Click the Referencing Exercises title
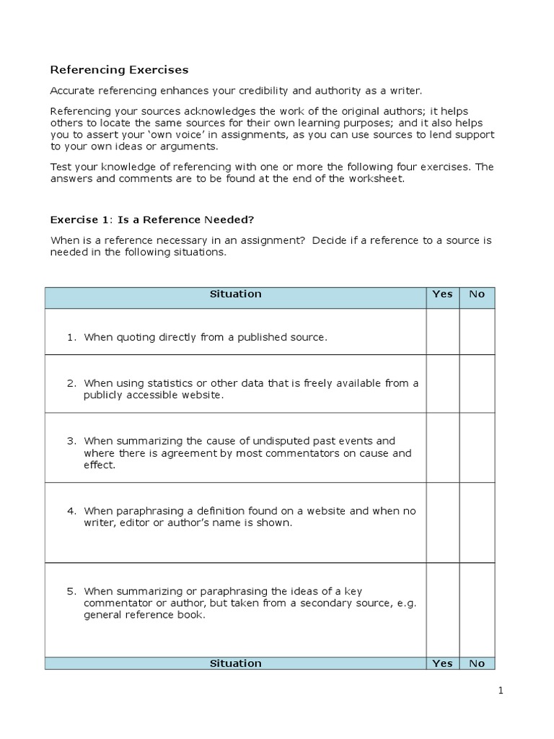coord(119,70)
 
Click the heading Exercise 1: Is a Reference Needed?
coord(152,219)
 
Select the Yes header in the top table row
coord(442,294)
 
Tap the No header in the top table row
coord(477,294)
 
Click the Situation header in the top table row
coord(235,294)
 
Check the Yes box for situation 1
coord(442,332)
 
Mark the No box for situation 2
coord(477,384)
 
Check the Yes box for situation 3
coord(442,447)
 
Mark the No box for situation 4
coord(477,522)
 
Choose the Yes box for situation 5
coord(442,610)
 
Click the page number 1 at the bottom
coord(501,691)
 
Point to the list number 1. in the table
coord(72,337)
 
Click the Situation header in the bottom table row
coord(235,664)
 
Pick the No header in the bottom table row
coord(477,664)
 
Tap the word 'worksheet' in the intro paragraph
coord(380,179)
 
